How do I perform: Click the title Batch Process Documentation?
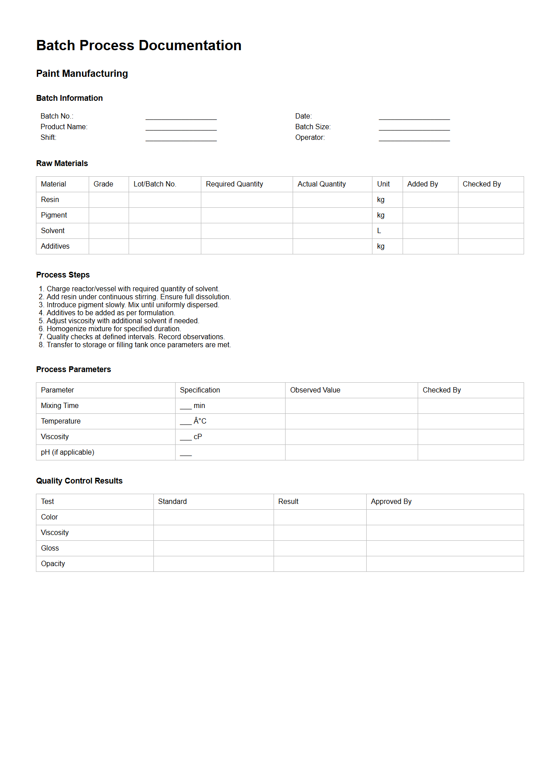pyautogui.click(x=139, y=45)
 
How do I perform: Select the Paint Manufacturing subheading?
pyautogui.click(x=82, y=74)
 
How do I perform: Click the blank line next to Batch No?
pyautogui.click(x=181, y=117)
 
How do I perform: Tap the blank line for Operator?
pyautogui.click(x=414, y=138)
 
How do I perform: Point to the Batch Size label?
pyautogui.click(x=313, y=127)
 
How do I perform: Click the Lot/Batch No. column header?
pyautogui.click(x=155, y=184)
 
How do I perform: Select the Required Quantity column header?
pyautogui.click(x=234, y=184)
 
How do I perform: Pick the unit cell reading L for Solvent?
pyautogui.click(x=379, y=231)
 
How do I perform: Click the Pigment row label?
pyautogui.click(x=54, y=215)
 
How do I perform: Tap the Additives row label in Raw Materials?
pyautogui.click(x=55, y=246)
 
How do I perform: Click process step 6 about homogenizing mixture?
pyautogui.click(x=114, y=329)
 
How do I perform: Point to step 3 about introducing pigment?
pyautogui.click(x=133, y=305)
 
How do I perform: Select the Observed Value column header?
pyautogui.click(x=315, y=390)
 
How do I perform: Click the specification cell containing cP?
pyautogui.click(x=192, y=437)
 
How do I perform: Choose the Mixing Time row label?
pyautogui.click(x=60, y=406)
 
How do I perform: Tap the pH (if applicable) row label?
pyautogui.click(x=67, y=452)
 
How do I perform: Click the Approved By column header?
pyautogui.click(x=391, y=502)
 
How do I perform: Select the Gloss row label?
pyautogui.click(x=50, y=548)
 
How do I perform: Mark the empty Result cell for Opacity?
pyautogui.click(x=320, y=564)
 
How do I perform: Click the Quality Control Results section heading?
pyautogui.click(x=79, y=481)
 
